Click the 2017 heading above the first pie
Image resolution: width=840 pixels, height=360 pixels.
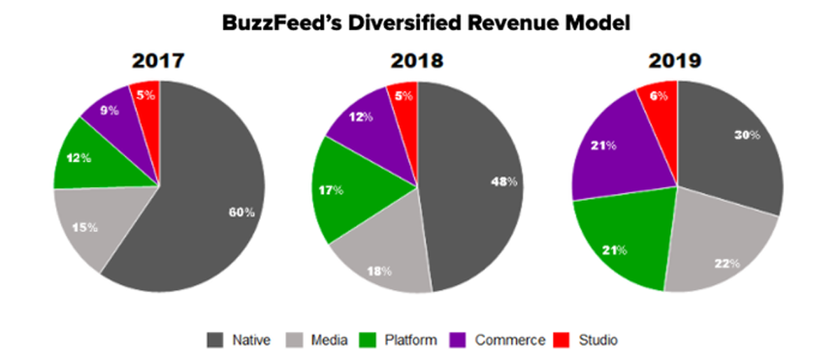[158, 61]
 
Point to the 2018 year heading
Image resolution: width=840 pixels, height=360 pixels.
[417, 61]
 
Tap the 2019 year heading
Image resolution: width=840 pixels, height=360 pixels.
[676, 61]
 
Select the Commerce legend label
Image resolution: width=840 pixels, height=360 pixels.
[510, 340]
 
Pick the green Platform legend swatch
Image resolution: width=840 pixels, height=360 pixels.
[372, 340]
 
